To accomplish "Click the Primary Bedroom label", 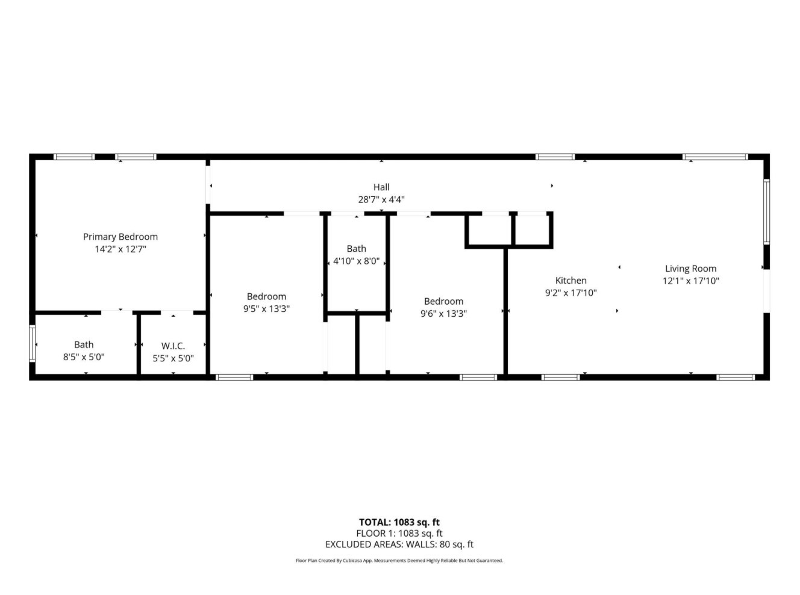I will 120,237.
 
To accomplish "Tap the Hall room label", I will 381,187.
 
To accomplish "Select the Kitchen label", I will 570,280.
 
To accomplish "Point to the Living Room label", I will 690,269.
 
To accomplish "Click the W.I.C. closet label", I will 173,346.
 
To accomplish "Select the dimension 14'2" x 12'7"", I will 120,249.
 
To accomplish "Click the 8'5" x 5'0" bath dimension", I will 84,357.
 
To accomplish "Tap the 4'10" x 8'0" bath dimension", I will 356,261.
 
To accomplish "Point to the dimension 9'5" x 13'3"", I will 267,308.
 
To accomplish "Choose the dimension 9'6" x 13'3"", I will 443,313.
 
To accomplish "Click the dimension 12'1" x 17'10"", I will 691,281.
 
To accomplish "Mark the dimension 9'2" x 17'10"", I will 570,293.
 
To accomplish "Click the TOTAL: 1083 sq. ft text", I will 399,522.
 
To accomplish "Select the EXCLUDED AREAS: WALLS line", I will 399,544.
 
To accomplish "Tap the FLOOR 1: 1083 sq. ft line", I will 399,533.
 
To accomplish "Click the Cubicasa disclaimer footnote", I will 399,561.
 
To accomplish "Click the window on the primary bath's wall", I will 33,343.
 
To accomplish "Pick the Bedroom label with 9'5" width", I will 266,296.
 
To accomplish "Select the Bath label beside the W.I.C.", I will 84,344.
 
